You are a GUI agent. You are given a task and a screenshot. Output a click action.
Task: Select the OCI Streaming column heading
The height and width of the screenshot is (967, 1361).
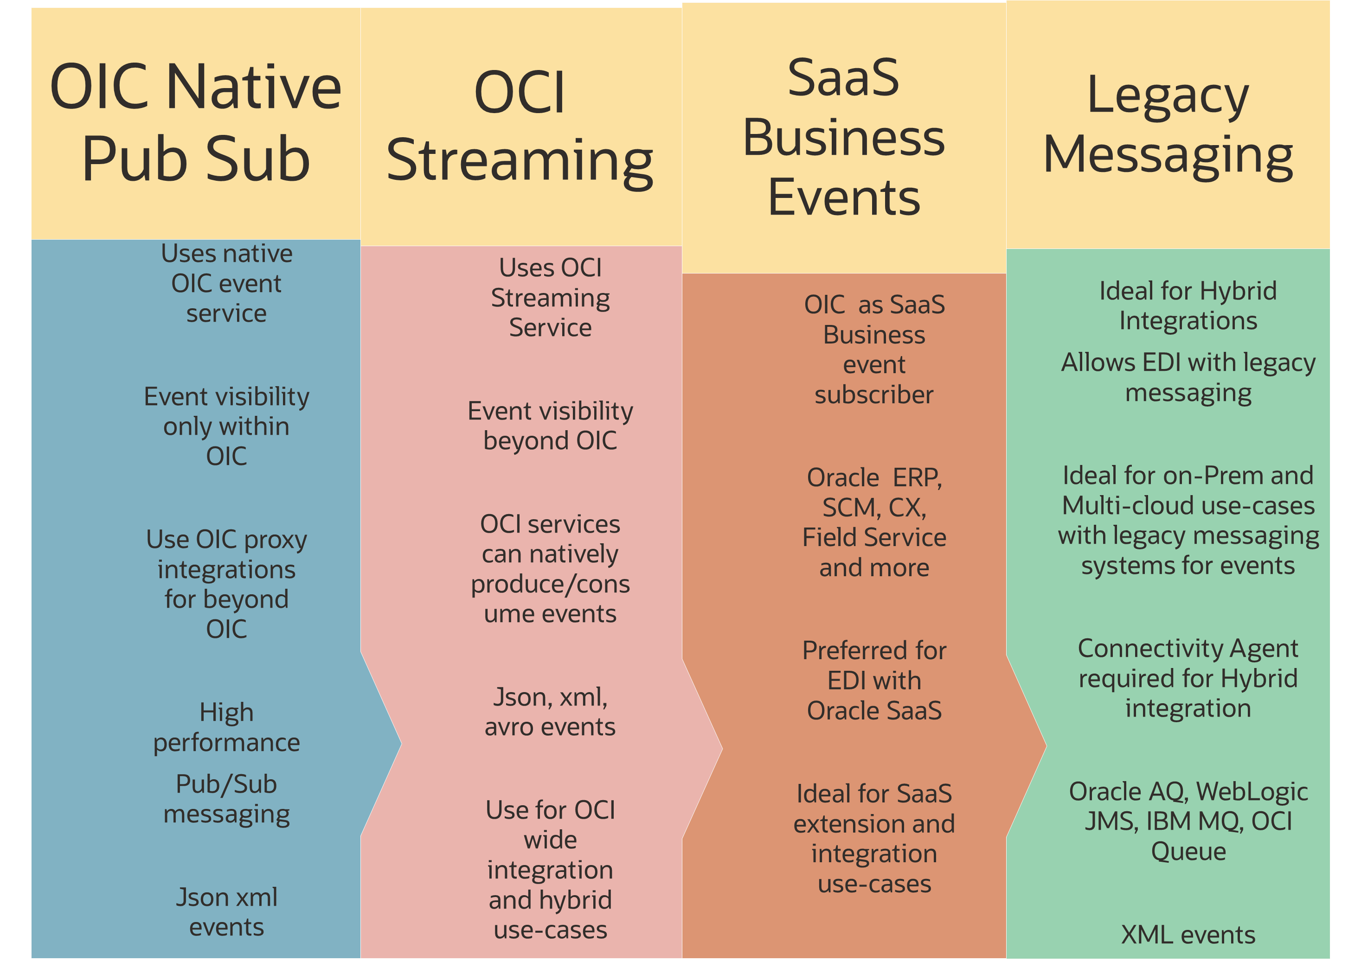520,126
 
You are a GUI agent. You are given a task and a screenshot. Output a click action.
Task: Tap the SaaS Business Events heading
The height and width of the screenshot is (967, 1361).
843,137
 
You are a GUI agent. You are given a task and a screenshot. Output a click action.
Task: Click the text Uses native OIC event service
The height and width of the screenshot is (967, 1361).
226,283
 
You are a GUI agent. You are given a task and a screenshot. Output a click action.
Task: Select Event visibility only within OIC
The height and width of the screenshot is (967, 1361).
226,426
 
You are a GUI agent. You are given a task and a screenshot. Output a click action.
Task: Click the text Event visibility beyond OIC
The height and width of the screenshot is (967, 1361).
550,426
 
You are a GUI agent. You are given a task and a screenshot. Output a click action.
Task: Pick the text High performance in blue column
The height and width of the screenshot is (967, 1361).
226,727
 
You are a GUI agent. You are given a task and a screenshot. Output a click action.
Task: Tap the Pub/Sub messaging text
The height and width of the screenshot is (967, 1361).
226,798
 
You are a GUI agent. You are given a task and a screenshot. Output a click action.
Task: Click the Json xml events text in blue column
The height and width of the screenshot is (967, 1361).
226,912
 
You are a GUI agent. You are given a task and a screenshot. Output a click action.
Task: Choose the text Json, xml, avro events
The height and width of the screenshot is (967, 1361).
550,712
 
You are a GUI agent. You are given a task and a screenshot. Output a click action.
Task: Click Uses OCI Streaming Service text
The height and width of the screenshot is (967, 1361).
550,298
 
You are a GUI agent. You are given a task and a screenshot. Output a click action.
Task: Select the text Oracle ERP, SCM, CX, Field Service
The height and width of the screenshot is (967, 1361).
874,522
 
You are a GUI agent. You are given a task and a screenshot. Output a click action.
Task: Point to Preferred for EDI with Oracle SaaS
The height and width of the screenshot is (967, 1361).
874,680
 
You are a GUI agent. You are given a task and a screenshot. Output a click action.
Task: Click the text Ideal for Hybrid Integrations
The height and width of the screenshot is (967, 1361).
1188,305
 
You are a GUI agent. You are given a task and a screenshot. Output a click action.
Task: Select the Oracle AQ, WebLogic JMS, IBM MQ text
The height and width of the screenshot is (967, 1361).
1188,821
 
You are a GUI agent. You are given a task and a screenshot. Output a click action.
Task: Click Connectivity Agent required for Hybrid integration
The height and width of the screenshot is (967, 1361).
1188,678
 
